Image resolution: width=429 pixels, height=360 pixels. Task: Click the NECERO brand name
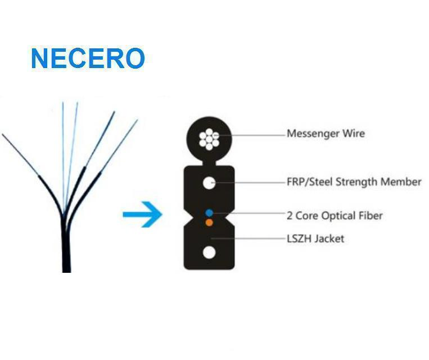point(88,59)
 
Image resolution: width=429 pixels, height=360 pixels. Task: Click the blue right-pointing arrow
point(143,214)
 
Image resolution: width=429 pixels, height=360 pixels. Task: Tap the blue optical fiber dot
point(209,213)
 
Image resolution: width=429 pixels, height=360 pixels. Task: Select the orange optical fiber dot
point(209,222)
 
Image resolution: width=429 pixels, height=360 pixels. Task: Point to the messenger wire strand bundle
point(209,138)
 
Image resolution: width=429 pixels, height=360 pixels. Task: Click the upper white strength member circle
point(209,182)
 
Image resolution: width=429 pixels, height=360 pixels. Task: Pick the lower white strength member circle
point(209,252)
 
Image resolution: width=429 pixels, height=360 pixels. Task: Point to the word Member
point(403,182)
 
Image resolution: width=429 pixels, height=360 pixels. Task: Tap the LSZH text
point(299,238)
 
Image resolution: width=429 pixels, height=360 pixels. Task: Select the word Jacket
point(329,238)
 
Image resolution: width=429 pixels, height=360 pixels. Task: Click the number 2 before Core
point(290,216)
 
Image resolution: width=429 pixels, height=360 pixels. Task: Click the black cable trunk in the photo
point(66,247)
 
